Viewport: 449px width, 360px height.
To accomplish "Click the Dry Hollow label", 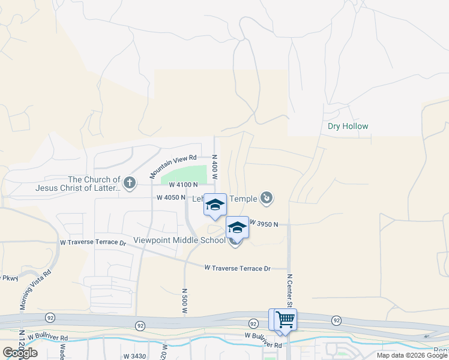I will (x=348, y=127).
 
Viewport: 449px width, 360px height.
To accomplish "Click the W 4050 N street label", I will (x=171, y=197).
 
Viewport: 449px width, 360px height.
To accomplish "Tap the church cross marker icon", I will (x=128, y=181).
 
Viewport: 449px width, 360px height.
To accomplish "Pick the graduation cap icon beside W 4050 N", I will (x=215, y=205).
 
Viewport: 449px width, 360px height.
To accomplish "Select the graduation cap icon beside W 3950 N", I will (x=237, y=227).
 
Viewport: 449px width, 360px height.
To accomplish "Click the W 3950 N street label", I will (x=264, y=224).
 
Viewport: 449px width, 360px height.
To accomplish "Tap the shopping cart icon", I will (x=285, y=319).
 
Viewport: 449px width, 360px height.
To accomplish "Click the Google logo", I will (x=20, y=353).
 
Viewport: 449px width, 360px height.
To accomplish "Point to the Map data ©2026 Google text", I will (x=412, y=355).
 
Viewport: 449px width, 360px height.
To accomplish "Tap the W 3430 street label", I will (x=135, y=356).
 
